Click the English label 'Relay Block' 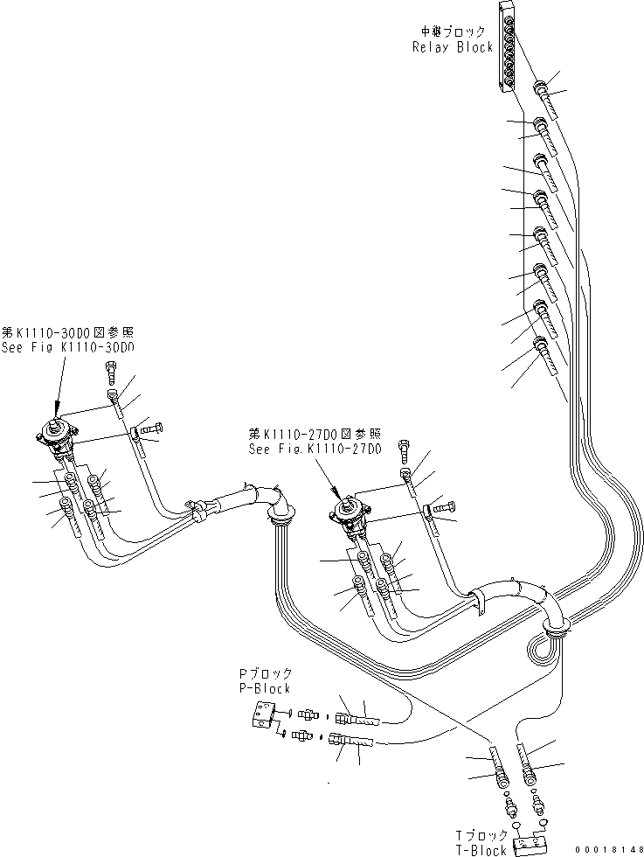tap(452, 47)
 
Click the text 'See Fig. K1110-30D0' tap(68, 347)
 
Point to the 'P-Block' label tap(264, 688)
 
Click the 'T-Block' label tap(481, 850)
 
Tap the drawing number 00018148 tap(608, 849)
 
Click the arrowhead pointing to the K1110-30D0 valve tap(58, 410)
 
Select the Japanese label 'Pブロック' tap(266, 674)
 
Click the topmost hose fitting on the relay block tap(542, 88)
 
